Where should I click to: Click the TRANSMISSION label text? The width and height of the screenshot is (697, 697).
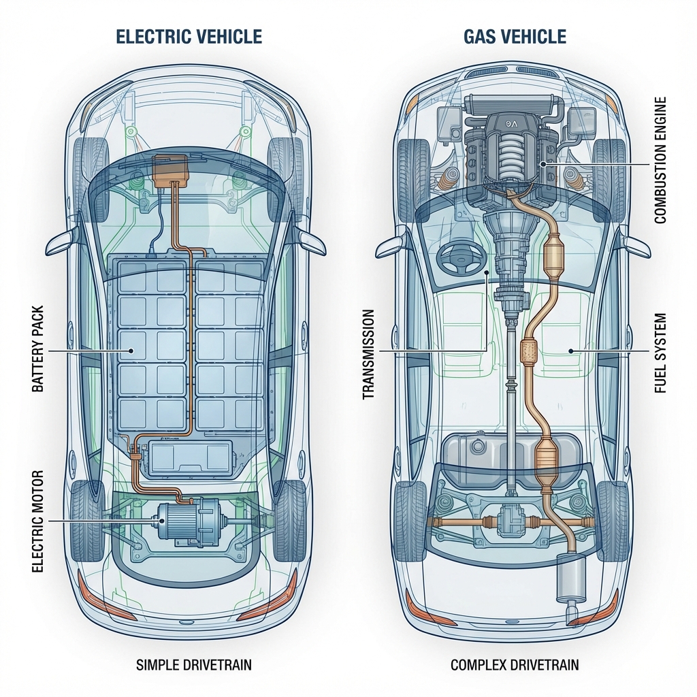click(x=368, y=354)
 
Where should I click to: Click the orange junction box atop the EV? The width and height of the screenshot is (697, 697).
click(x=172, y=169)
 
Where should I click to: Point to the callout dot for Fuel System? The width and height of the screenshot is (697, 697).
click(x=570, y=351)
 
